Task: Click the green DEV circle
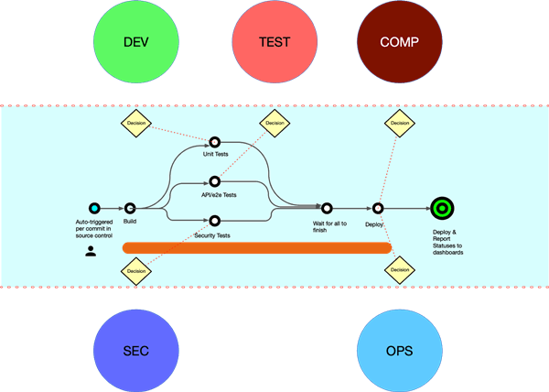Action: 136,42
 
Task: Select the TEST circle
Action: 274,42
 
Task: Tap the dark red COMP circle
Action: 400,42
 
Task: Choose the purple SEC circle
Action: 136,351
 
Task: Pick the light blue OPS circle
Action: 400,351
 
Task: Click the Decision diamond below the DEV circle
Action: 136,123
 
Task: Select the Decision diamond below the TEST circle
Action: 274,123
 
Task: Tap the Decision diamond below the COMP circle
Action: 400,123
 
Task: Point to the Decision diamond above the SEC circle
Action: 136,271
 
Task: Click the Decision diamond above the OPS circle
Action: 400,270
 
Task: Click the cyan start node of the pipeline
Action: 94,209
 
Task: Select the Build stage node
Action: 130,209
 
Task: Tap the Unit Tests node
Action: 215,142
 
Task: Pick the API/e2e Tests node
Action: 215,181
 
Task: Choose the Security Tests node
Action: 215,221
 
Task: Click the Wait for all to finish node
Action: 327,209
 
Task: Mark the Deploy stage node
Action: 377,209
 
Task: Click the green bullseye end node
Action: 442,209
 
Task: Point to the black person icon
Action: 91,251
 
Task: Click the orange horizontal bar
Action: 257,248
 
